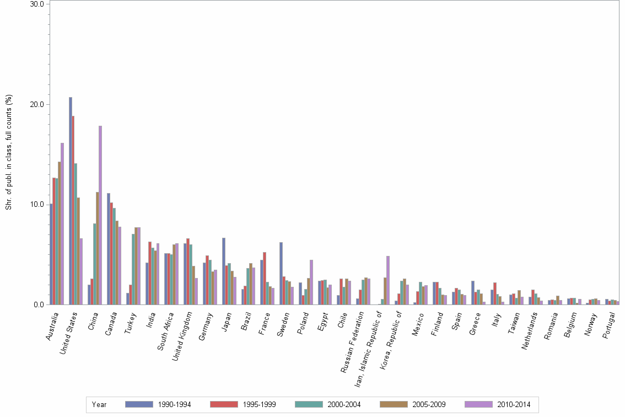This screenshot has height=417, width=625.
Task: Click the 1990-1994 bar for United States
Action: click(x=71, y=201)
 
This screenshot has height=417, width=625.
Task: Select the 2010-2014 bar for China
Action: click(x=100, y=215)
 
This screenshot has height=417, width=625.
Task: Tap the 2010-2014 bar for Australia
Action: click(x=62, y=223)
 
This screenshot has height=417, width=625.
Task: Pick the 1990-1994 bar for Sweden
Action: click(x=281, y=273)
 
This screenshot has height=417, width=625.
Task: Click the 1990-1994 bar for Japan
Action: click(x=224, y=271)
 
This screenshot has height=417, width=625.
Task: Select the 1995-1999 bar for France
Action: click(x=265, y=278)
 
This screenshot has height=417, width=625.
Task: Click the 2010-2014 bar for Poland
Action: click(x=311, y=282)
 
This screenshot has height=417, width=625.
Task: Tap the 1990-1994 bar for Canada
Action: click(x=109, y=249)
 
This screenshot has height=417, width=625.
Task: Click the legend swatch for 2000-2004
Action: click(x=310, y=404)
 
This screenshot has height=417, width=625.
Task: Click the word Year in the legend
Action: click(x=99, y=404)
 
